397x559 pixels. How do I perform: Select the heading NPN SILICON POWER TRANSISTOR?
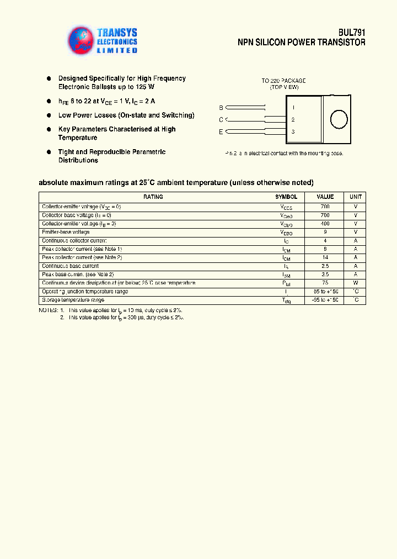(301, 43)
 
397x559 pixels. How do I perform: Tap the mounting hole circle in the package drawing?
(337, 119)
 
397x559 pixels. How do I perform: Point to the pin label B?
(221, 107)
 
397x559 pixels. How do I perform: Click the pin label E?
(221, 131)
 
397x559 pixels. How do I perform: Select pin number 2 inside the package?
(293, 119)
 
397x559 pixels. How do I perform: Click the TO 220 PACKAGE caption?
(283, 81)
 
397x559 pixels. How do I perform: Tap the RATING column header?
(153, 197)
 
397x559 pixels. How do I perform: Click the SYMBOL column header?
(286, 197)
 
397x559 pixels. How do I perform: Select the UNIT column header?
(356, 197)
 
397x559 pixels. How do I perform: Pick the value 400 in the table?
(325, 224)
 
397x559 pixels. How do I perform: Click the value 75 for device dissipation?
(325, 283)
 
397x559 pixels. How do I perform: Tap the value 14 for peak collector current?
(325, 257)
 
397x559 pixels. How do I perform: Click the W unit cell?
(356, 283)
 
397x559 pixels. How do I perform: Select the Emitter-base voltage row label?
(66, 232)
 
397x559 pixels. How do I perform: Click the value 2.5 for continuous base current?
(325, 266)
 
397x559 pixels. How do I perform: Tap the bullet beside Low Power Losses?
(49, 115)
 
